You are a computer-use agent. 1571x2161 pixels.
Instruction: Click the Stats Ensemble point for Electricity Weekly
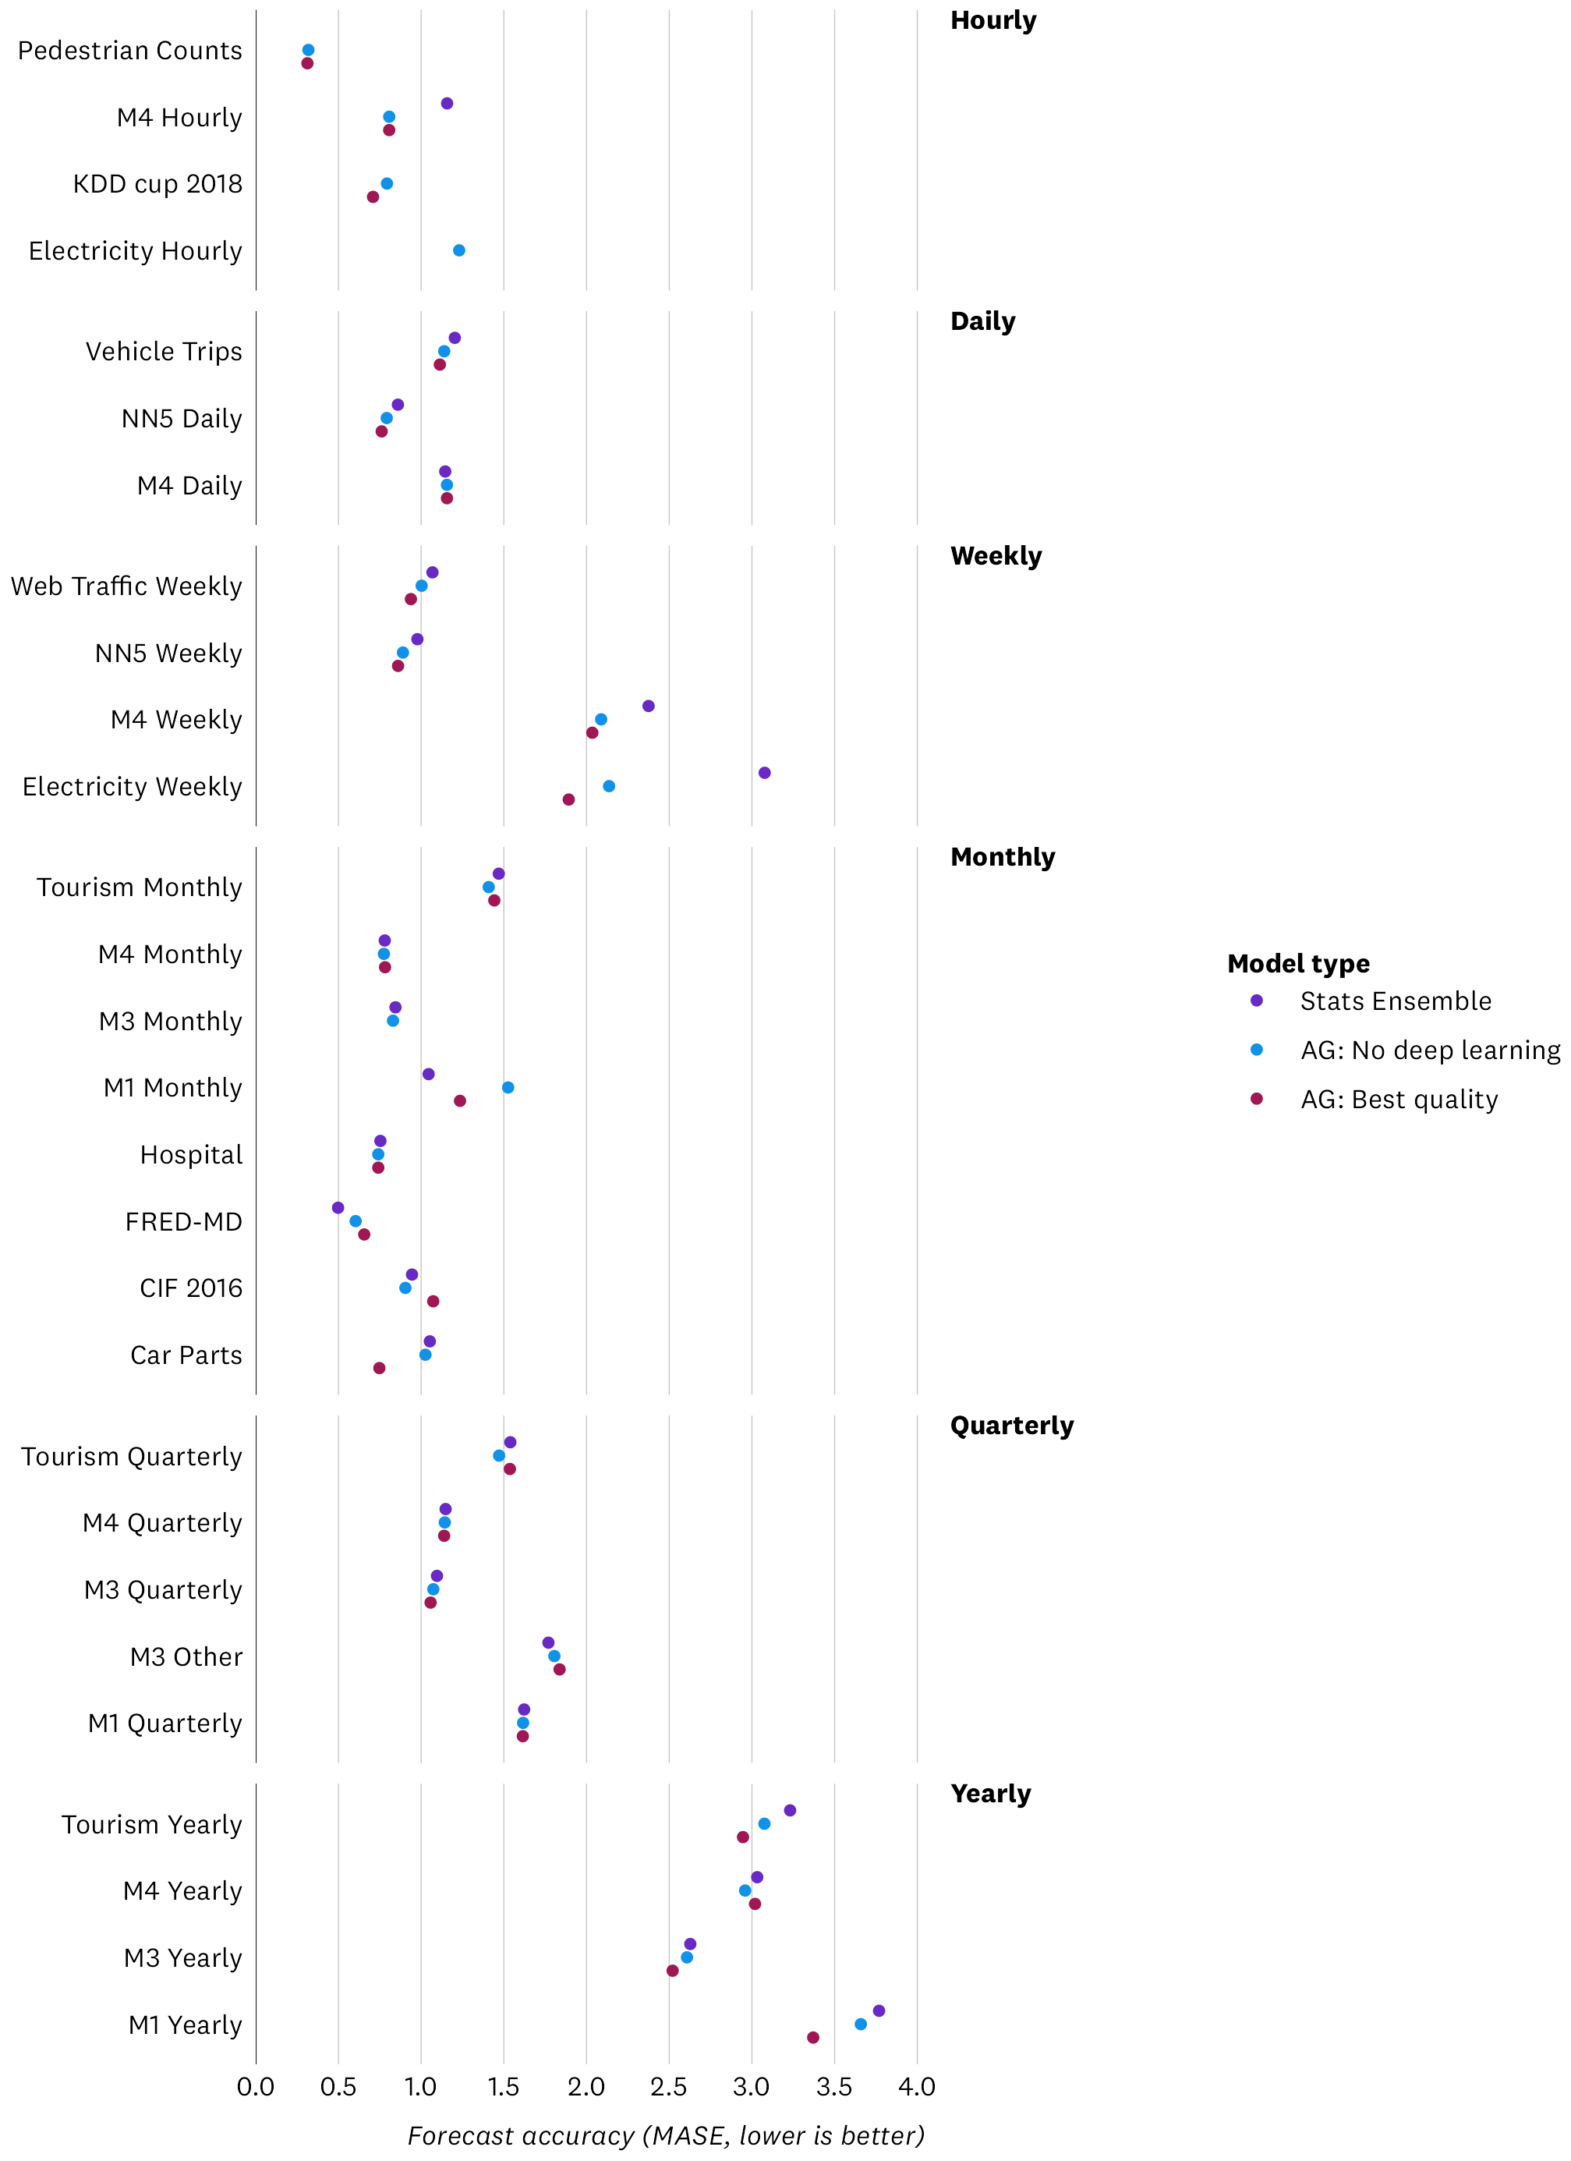(x=764, y=773)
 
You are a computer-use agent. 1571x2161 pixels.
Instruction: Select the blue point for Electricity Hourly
(x=459, y=250)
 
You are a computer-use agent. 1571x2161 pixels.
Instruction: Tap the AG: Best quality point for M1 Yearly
(x=812, y=2037)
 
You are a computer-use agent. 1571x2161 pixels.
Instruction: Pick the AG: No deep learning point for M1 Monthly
(x=508, y=1087)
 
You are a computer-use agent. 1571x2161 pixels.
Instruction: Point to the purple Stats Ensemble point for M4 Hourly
(x=447, y=104)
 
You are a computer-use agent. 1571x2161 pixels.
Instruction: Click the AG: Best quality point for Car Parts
(x=379, y=1367)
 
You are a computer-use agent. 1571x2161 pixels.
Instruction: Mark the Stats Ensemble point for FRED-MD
(x=338, y=1207)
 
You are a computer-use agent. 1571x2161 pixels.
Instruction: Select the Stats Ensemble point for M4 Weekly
(x=649, y=706)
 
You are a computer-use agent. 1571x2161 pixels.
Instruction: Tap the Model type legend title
(x=1297, y=963)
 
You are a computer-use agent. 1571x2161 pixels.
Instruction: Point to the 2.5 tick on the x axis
(x=669, y=2087)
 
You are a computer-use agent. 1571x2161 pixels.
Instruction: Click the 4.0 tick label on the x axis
(x=917, y=2087)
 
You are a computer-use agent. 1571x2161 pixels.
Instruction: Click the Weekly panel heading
(x=996, y=555)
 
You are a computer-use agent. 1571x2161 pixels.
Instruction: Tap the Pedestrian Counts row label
(x=130, y=51)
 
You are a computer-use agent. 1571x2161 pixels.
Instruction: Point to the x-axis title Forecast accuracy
(x=666, y=2135)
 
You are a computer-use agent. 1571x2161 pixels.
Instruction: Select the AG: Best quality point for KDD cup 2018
(x=373, y=197)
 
